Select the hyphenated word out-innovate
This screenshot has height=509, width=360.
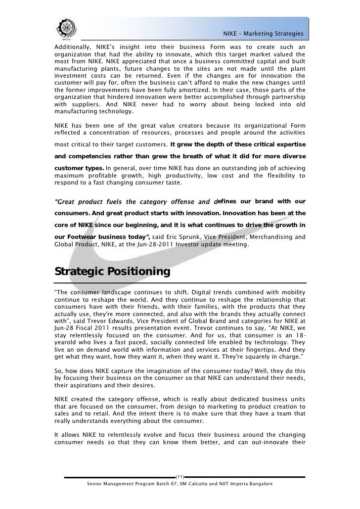pyautogui.click(x=271, y=441)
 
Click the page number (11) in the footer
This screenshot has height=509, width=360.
pyautogui.click(x=180, y=477)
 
